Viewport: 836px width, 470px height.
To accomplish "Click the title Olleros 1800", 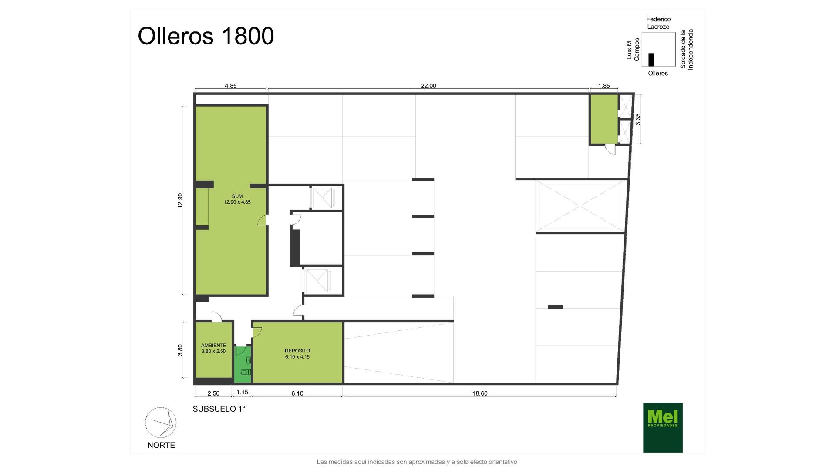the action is click(x=206, y=36).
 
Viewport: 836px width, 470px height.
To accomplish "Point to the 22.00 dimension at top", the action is click(x=428, y=86).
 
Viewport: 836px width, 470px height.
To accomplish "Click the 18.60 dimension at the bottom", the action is click(x=480, y=393).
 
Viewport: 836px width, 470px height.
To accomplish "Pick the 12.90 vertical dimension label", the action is click(x=180, y=200).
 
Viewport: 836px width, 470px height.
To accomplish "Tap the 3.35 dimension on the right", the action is click(x=638, y=119).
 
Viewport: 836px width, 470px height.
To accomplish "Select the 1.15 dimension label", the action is click(x=242, y=392).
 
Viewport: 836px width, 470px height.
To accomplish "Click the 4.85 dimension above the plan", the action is click(x=231, y=86).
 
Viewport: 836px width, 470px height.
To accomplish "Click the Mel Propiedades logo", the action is click(x=663, y=427).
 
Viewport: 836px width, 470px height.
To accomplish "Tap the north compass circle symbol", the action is click(x=161, y=423).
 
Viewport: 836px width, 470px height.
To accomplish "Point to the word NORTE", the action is click(x=161, y=445).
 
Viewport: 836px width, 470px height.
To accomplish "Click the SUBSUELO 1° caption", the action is click(x=219, y=409).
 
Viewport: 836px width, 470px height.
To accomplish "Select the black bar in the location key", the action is click(x=651, y=60).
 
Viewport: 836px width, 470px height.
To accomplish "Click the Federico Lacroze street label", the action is click(x=658, y=23).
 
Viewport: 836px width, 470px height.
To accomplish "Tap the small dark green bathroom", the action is click(x=243, y=364).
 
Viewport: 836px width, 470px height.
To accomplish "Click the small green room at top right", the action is click(x=604, y=119).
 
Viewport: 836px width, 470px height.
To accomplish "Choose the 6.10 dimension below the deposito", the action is click(x=297, y=393).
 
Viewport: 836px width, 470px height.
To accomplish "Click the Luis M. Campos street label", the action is click(x=633, y=50).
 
